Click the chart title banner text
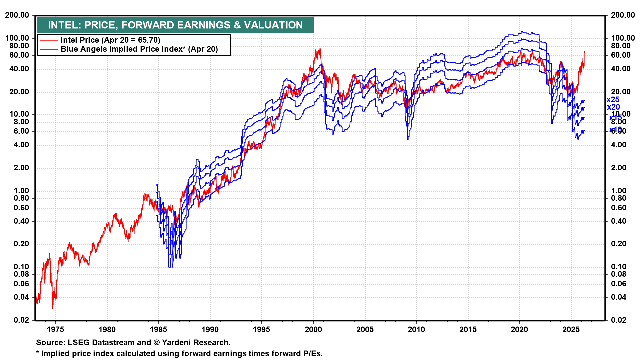click(175, 25)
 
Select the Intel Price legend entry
click(110, 40)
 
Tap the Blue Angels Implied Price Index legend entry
click(139, 49)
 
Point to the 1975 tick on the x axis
click(55, 330)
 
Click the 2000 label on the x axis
click(313, 330)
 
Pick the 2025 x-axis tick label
click(571, 330)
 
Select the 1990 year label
click(210, 330)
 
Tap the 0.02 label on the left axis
click(21, 320)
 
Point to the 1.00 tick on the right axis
click(619, 191)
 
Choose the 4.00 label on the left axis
click(21, 145)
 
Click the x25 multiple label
click(613, 100)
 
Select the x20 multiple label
click(613, 107)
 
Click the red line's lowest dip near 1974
click(53, 308)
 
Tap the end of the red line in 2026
click(584, 52)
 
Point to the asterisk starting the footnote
click(38, 353)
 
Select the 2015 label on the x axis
click(468, 330)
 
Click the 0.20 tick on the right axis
click(619, 244)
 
